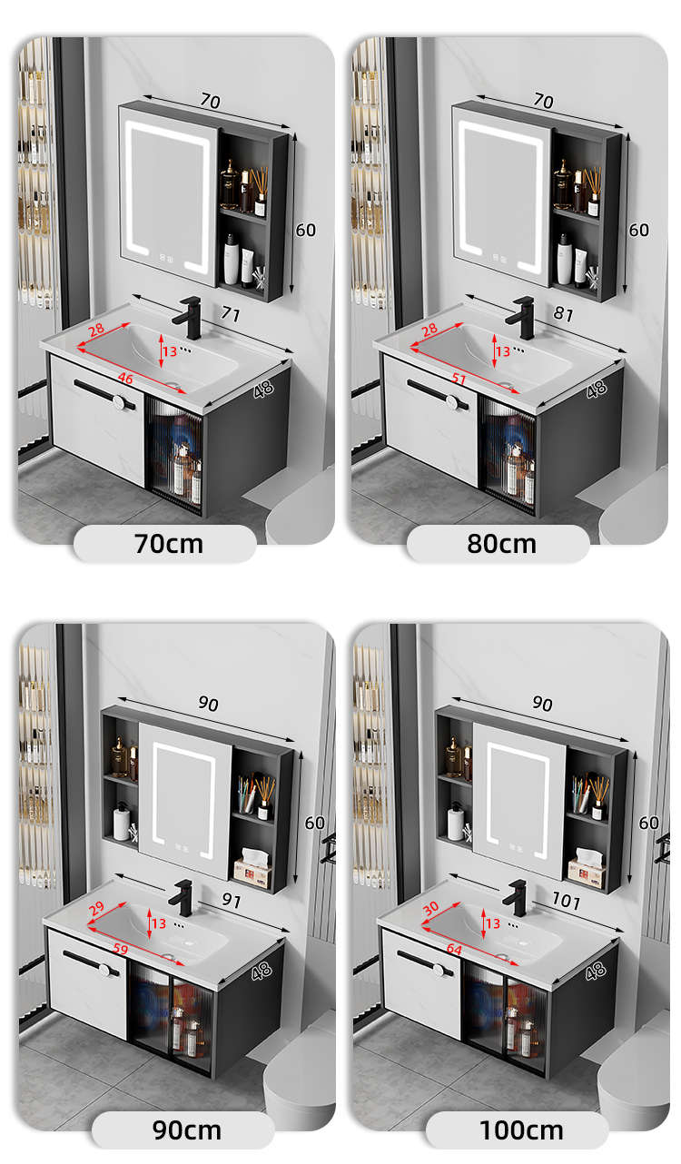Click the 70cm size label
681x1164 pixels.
click(x=168, y=544)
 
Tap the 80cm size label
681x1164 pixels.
click(x=501, y=544)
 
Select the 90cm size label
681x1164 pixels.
click(x=187, y=1130)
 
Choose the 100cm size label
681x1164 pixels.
click(x=521, y=1130)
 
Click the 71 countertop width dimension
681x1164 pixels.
click(x=231, y=314)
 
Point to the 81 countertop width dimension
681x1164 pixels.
click(x=564, y=314)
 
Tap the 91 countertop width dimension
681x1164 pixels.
click(x=232, y=900)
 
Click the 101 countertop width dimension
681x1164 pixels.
click(x=566, y=901)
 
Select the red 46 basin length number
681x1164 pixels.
click(x=125, y=379)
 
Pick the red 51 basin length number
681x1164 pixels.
click(x=459, y=379)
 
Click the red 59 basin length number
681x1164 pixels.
click(x=121, y=949)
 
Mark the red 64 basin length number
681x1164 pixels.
click(x=454, y=949)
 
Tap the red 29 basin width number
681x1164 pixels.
click(x=96, y=909)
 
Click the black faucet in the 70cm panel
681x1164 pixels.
click(x=188, y=317)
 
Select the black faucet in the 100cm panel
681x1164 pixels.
click(x=517, y=898)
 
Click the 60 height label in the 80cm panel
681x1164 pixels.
click(x=639, y=230)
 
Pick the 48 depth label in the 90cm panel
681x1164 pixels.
click(x=262, y=971)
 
